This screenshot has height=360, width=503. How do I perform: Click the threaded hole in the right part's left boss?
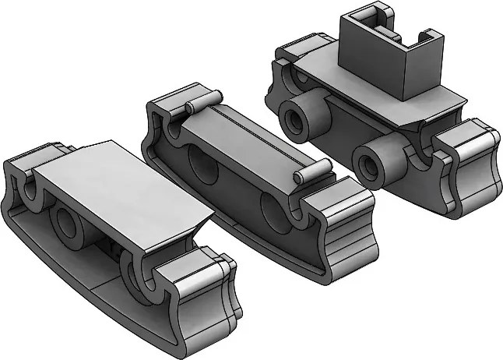tap(297, 119)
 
